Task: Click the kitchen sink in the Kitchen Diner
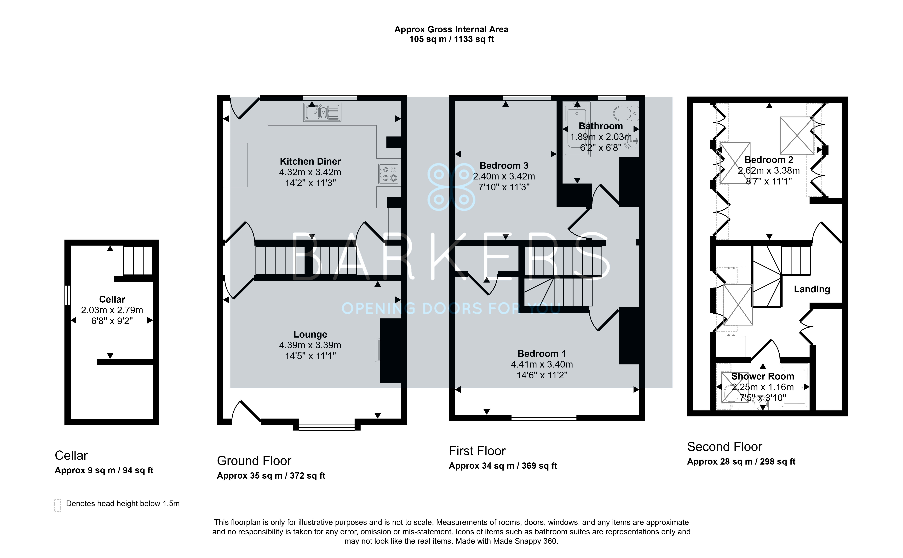[322, 112]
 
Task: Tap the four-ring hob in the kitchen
[389, 174]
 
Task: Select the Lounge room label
[310, 334]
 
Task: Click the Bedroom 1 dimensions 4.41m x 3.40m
[542, 364]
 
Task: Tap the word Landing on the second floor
[812, 289]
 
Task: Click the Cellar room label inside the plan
[112, 299]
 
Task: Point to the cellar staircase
[137, 261]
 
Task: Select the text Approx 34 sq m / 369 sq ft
[503, 466]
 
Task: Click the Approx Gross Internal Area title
[451, 29]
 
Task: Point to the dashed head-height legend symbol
[58, 505]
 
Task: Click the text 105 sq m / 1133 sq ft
[451, 39]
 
